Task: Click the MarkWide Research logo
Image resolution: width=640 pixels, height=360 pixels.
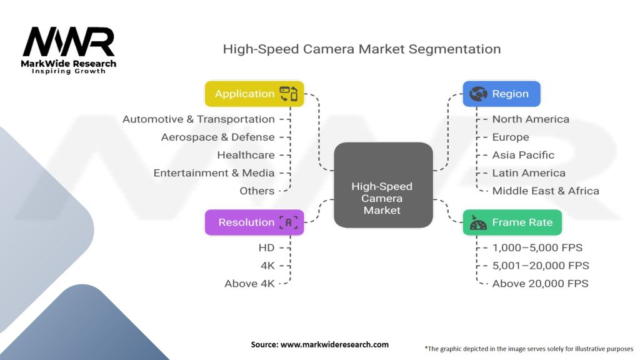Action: coord(69,48)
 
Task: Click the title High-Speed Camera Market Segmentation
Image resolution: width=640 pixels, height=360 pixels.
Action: coord(362,49)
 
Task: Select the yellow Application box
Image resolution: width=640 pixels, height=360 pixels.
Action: coord(254,94)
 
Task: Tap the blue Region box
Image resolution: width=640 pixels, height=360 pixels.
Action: coord(501,94)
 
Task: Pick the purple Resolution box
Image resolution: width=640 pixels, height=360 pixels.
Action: coord(254,222)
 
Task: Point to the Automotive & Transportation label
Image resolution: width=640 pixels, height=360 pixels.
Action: coord(198,119)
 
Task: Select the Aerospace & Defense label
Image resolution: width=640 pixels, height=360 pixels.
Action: coord(217,137)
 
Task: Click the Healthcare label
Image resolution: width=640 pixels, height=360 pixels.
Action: coord(246,155)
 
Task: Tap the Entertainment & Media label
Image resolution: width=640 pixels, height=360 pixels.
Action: coord(214,173)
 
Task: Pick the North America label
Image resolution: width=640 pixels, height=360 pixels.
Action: coord(531,119)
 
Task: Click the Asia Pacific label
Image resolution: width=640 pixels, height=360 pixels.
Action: coord(523,155)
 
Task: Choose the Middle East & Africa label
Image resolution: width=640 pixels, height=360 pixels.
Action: coord(546,191)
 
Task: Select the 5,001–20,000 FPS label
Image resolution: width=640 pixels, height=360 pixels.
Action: coord(541,266)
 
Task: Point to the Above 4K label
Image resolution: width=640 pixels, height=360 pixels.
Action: coord(249,284)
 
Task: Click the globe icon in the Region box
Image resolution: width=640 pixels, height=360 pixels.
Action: coord(479,94)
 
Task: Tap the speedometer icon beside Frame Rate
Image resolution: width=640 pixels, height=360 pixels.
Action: coord(478,222)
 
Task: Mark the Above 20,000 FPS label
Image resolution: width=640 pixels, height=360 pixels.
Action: coord(540,284)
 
